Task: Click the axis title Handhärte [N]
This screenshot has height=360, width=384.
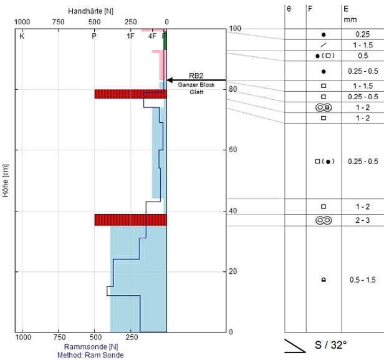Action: (x=90, y=11)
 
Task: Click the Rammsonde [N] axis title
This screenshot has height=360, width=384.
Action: (x=91, y=347)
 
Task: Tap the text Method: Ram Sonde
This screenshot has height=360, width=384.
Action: (x=90, y=355)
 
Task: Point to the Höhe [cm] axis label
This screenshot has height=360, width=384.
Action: (x=6, y=180)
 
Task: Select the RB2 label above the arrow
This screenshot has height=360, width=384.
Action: (x=196, y=75)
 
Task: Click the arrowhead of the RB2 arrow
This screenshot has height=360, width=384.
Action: (x=170, y=80)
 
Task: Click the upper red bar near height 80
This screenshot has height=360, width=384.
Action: (x=130, y=94)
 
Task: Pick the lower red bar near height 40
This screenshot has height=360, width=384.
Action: (x=130, y=220)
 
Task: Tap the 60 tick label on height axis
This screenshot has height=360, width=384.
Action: (x=233, y=150)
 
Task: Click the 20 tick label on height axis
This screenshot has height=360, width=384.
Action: (x=233, y=271)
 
